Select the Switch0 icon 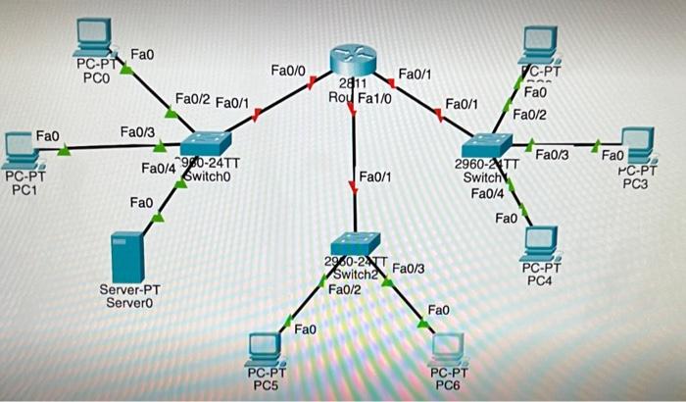(206, 144)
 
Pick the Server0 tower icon (128, 256)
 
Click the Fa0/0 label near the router (288, 71)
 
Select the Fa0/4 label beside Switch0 (158, 169)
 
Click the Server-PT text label (129, 290)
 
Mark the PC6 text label (450, 386)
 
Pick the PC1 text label (24, 190)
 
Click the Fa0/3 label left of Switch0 (137, 131)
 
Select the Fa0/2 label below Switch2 (344, 289)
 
